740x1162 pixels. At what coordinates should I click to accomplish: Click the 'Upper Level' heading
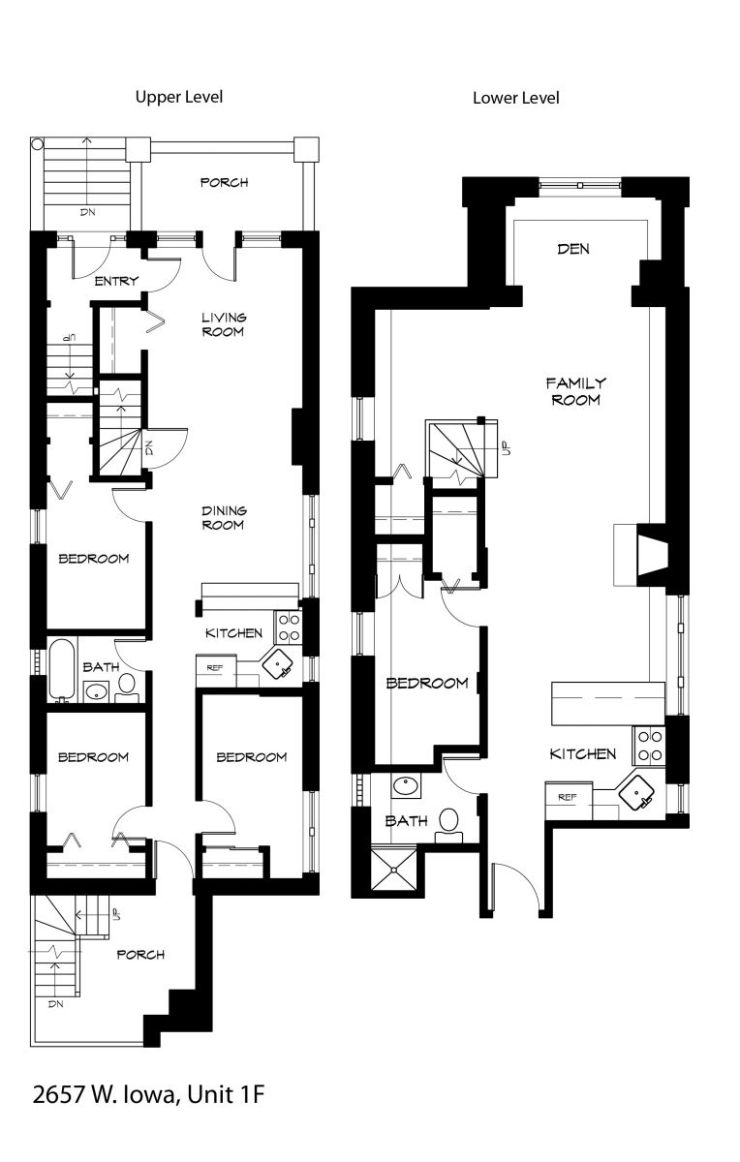tap(179, 97)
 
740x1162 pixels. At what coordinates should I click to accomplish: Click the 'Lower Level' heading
tap(515, 98)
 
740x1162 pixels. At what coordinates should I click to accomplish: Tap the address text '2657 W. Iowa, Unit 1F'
tap(148, 1095)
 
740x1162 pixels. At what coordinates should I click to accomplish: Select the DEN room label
tap(573, 249)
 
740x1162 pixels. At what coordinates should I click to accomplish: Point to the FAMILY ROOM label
tap(575, 391)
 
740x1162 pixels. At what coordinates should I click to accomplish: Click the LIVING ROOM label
tap(223, 324)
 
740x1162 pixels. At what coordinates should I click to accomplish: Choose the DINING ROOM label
tap(223, 518)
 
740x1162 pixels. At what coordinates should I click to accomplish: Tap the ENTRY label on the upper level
tap(116, 282)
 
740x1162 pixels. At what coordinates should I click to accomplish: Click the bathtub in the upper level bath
tap(62, 669)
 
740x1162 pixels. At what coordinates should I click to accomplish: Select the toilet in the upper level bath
tap(127, 687)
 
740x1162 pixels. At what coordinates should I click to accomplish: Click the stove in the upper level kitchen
tap(288, 627)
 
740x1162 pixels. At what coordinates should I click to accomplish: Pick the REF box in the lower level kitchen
tap(569, 798)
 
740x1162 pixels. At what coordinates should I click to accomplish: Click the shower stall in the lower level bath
tap(396, 871)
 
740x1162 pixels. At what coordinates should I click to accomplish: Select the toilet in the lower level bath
tap(447, 823)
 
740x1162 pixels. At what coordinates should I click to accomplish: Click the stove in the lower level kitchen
tap(648, 744)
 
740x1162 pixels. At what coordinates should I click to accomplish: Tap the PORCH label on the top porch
tap(224, 182)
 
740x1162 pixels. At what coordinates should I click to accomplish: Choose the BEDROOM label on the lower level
tap(426, 683)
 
